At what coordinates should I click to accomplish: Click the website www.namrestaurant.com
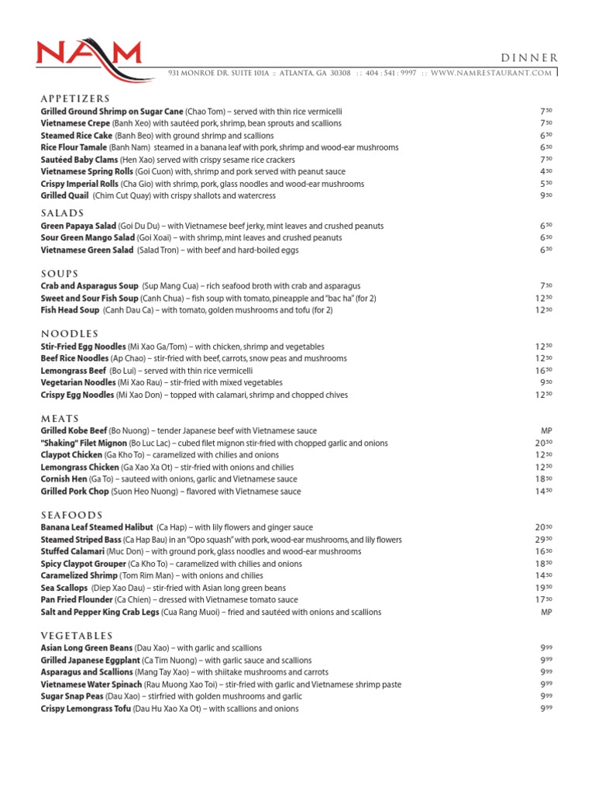pyautogui.click(x=491, y=73)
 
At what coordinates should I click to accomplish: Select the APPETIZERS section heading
pyautogui.click(x=75, y=99)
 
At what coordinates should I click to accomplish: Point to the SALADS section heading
pyautogui.click(x=62, y=213)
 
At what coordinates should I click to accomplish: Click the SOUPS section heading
pyautogui.click(x=60, y=274)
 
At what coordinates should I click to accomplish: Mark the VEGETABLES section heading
pyautogui.click(x=77, y=636)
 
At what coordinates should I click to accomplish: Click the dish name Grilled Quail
pyautogui.click(x=66, y=196)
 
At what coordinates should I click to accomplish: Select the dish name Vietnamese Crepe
pyautogui.click(x=76, y=123)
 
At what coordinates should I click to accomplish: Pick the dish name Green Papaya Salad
pyautogui.click(x=78, y=226)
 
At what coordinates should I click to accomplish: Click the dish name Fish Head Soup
pyautogui.click(x=70, y=310)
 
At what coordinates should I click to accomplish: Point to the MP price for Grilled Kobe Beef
pyautogui.click(x=545, y=430)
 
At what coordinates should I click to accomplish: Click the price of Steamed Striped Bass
pyautogui.click(x=545, y=540)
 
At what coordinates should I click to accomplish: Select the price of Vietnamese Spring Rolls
pyautogui.click(x=545, y=171)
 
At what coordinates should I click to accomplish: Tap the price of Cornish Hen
pyautogui.click(x=545, y=479)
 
